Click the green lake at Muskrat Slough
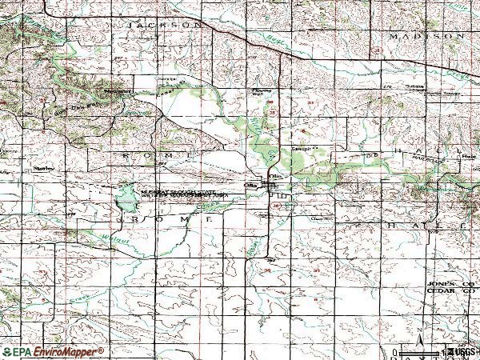[x=126, y=196]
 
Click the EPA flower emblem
[x=9, y=351]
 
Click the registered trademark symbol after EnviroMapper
[x=102, y=349]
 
